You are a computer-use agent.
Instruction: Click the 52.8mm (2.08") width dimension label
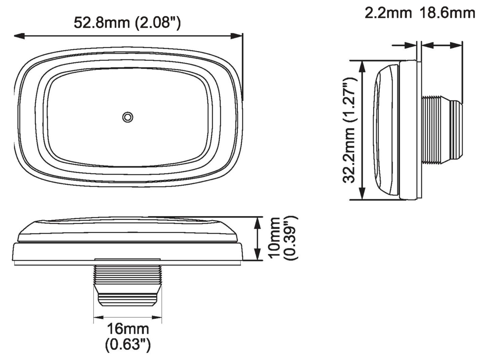click(127, 23)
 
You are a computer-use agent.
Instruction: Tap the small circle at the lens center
click(128, 117)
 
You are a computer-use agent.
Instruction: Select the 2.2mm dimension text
click(388, 13)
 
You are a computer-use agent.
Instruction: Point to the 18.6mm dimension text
click(447, 13)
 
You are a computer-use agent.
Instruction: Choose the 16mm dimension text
click(128, 329)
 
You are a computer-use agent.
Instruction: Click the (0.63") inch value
click(128, 345)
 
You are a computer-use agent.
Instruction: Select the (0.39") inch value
click(290, 238)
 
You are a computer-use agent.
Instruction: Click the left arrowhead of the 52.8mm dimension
click(19, 36)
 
